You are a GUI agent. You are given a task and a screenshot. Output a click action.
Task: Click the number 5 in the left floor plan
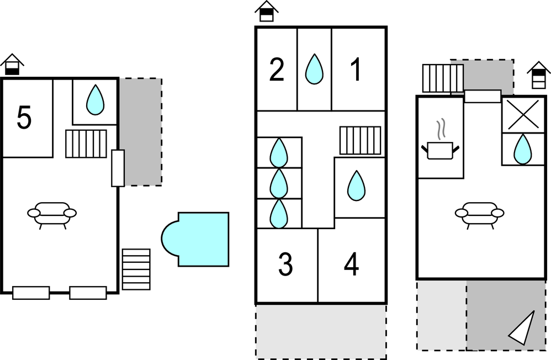coord(24,118)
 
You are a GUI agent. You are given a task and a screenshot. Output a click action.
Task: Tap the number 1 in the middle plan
coord(356,70)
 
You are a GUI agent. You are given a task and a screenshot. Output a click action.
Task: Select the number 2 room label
coord(277,70)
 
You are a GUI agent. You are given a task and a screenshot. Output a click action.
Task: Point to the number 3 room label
coord(285,265)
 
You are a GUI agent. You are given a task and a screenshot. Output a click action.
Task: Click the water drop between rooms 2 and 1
coord(314,69)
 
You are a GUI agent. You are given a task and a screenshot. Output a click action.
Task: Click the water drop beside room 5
coord(96,100)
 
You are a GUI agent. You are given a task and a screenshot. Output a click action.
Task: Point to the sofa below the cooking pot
coord(480,213)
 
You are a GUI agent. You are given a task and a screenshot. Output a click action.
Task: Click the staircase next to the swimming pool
coord(136,269)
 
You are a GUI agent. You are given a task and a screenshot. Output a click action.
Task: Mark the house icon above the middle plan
coord(267,11)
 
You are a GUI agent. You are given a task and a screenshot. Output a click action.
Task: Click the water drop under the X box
coord(523,149)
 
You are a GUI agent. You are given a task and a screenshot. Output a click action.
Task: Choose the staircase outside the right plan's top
coord(442,78)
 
